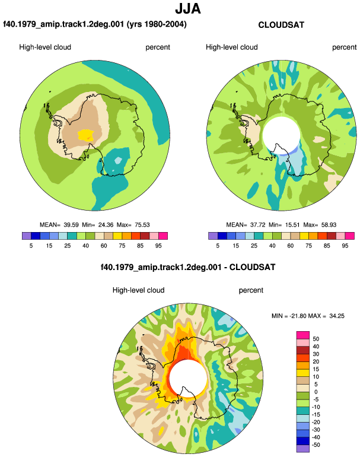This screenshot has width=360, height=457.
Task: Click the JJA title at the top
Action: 188,9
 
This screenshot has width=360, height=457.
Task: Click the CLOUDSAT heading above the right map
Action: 281,25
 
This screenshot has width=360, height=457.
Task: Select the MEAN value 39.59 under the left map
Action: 71,225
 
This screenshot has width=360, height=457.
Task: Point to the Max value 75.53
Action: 142,225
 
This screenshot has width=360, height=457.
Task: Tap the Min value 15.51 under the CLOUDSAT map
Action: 291,225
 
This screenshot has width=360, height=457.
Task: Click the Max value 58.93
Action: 329,225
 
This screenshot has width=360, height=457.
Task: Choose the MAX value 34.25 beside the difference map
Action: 337,316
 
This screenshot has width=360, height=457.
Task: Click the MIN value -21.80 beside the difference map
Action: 297,316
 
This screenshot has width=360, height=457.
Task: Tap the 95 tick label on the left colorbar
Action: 158,246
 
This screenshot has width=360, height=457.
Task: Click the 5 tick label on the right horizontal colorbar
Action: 218,246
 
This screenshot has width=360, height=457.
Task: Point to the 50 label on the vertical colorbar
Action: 316,339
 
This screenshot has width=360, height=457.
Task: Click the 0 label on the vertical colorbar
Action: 316,392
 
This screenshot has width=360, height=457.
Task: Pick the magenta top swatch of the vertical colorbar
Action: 303,335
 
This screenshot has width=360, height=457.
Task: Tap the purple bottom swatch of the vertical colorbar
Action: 303,449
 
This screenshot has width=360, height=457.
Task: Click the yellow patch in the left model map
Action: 86,135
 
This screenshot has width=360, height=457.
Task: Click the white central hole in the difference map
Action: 188,378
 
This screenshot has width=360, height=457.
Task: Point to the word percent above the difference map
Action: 251,290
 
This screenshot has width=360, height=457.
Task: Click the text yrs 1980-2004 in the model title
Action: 157,24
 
